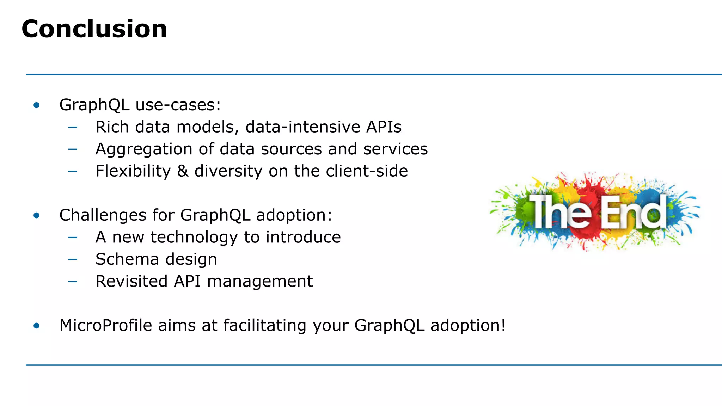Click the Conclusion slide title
point(94,29)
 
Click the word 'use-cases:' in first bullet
point(178,105)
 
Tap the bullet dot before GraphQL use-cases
point(37,105)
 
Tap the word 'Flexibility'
point(133,171)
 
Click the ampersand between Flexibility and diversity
point(183,171)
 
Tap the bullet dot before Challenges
point(37,215)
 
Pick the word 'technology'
point(194,238)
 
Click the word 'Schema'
point(127,259)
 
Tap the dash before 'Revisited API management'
point(73,282)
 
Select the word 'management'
point(260,282)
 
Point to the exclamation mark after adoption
point(503,325)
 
